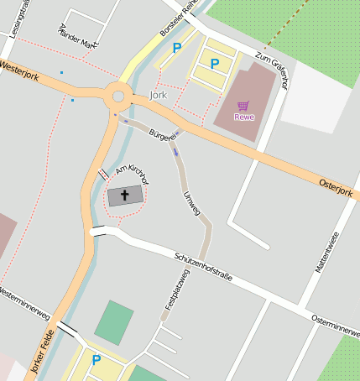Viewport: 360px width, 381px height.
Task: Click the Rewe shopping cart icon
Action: (x=243, y=106)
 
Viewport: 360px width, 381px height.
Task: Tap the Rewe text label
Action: (x=243, y=117)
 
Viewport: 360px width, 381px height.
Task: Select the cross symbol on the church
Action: (x=126, y=196)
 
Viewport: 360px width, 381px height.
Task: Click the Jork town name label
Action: (x=158, y=97)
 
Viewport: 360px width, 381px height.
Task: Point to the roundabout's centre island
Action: (x=118, y=97)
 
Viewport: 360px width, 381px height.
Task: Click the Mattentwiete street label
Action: (x=326, y=252)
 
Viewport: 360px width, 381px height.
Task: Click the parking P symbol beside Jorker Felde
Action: (x=96, y=360)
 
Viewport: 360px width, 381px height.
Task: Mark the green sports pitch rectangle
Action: (x=113, y=321)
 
